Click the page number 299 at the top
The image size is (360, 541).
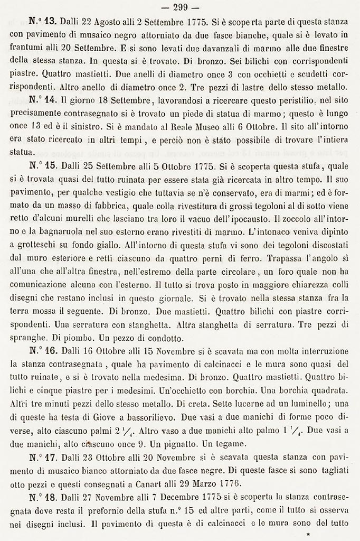point(180,7)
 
